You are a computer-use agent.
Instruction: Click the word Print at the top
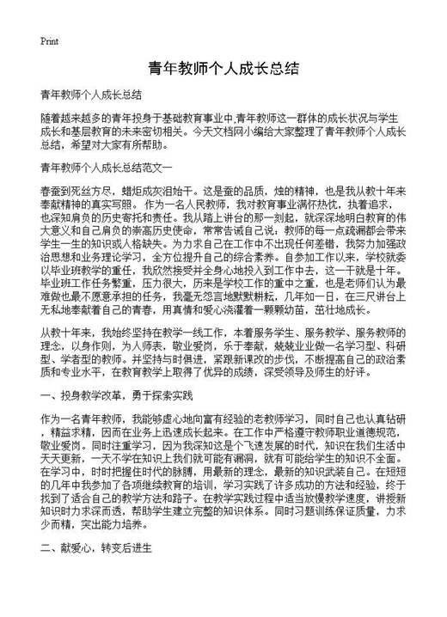[x=49, y=40]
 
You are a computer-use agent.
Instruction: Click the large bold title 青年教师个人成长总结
[x=223, y=68]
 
